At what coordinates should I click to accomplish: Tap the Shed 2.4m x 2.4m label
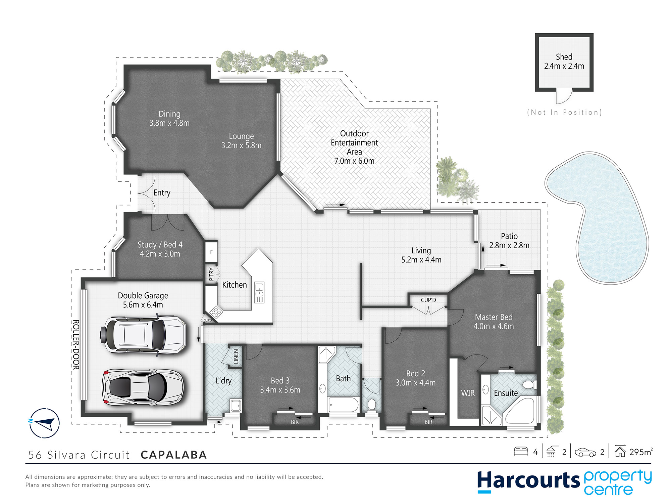tap(564, 61)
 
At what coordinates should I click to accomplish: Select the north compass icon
tap(44, 423)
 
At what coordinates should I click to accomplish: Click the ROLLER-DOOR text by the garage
tap(76, 345)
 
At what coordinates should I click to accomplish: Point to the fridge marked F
tap(211, 252)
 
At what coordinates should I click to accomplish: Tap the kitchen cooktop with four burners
tap(216, 312)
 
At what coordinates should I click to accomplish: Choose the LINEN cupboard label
tap(236, 356)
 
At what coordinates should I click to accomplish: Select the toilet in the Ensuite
tap(529, 384)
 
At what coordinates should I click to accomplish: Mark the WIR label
tap(468, 393)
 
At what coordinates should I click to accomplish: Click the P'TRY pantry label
tap(211, 274)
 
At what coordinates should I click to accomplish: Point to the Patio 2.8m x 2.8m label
tap(509, 241)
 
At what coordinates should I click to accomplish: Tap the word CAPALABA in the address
tap(174, 455)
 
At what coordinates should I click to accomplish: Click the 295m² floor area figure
tap(641, 452)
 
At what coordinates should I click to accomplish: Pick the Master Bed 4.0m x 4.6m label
tap(494, 322)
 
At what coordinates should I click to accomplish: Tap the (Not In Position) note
tap(565, 112)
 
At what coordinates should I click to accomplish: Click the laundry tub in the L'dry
tap(236, 406)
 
